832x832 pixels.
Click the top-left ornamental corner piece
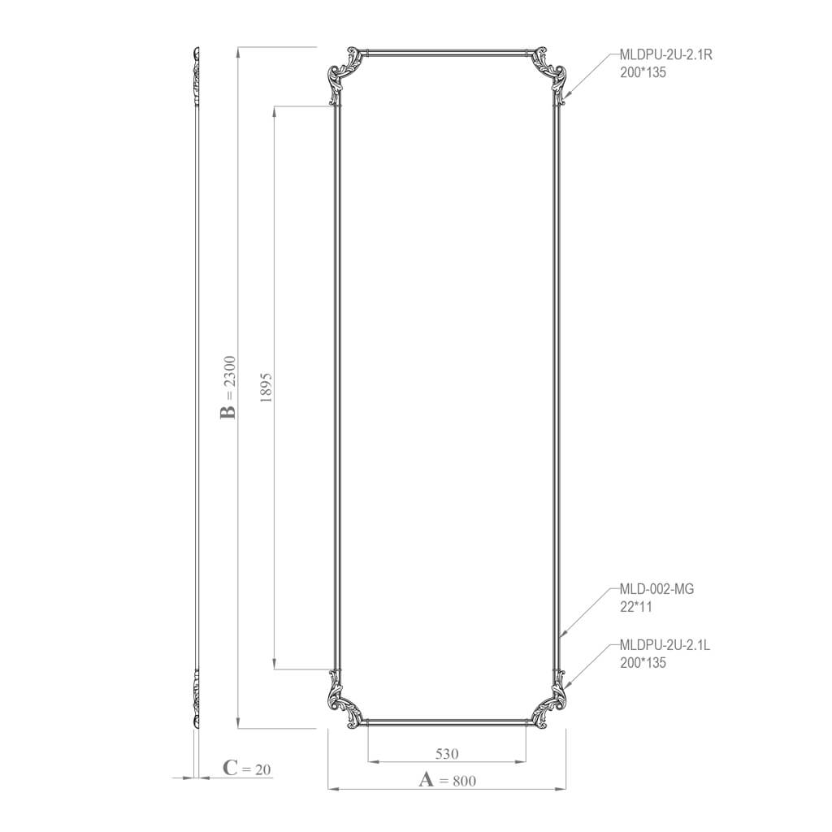(x=344, y=73)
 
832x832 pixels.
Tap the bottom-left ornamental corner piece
(x=344, y=700)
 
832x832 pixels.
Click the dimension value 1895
(x=266, y=388)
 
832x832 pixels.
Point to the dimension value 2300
(x=229, y=373)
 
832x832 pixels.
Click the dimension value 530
(x=447, y=753)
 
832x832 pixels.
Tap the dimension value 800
(x=464, y=781)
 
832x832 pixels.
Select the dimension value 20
(x=262, y=769)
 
